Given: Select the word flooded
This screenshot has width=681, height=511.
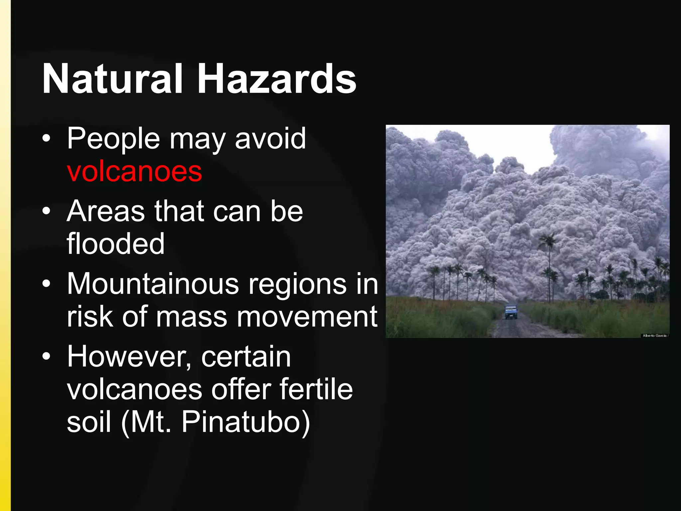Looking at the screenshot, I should tap(116, 244).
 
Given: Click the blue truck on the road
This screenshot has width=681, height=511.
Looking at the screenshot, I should tap(511, 311).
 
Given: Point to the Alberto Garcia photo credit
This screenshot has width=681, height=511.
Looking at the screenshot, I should tap(654, 336).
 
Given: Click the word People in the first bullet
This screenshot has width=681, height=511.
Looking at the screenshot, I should tap(113, 139).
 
